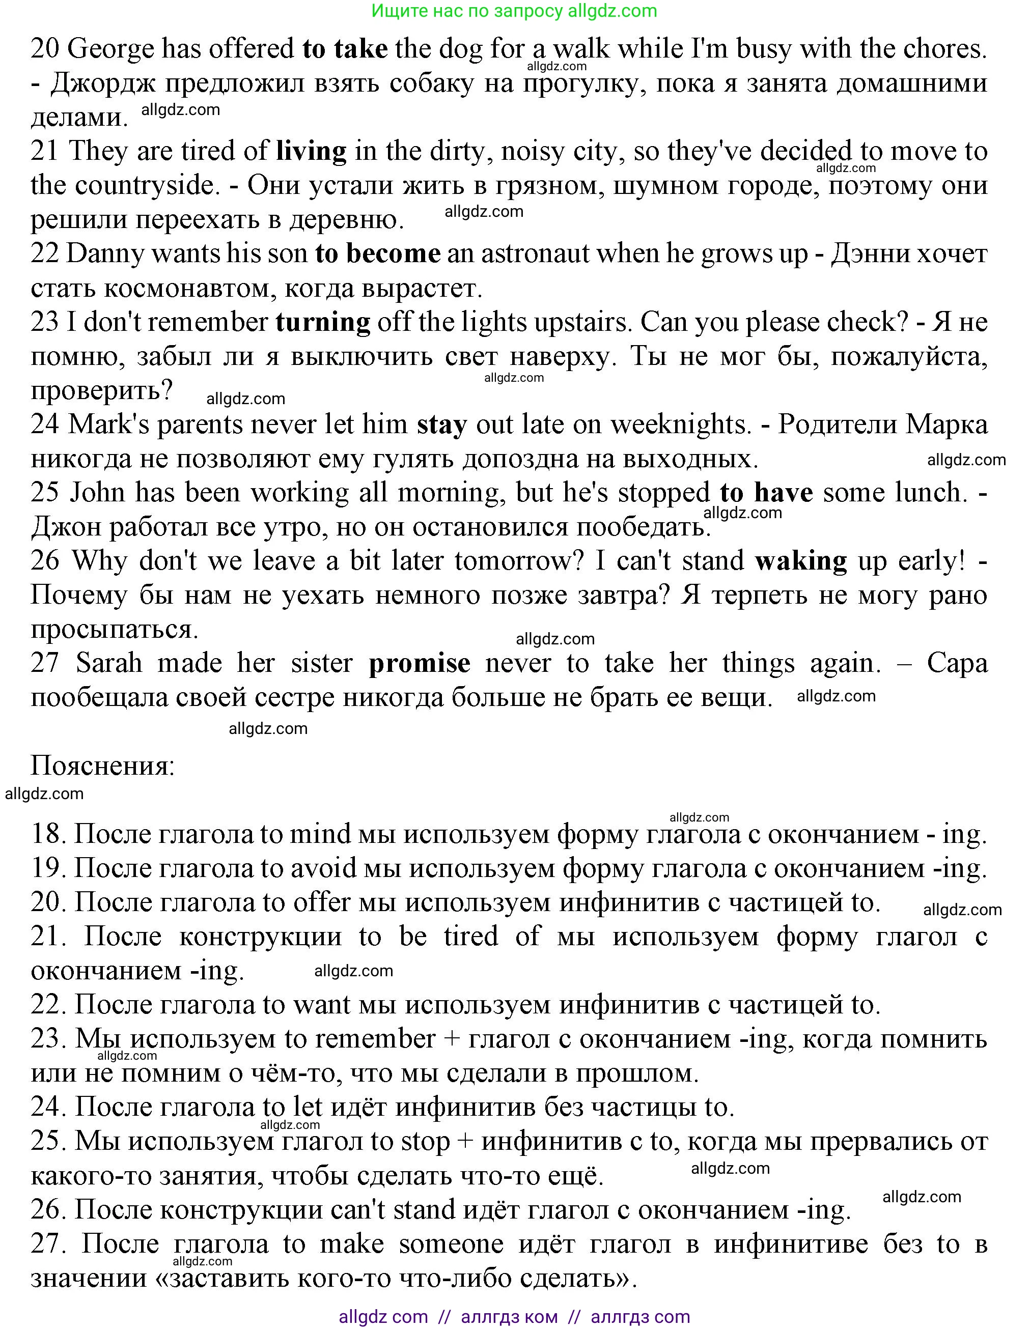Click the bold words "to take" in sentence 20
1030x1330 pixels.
345,49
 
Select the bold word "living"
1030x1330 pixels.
311,151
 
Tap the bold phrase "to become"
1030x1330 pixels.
377,253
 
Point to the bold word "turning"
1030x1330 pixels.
323,322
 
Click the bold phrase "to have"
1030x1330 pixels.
766,492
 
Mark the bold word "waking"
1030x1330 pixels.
801,560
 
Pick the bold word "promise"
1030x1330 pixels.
420,663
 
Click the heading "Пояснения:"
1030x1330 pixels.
103,766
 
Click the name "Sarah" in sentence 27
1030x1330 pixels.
109,663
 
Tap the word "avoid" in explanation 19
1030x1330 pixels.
323,868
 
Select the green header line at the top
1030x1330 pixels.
514,11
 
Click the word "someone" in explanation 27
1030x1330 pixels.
451,1243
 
